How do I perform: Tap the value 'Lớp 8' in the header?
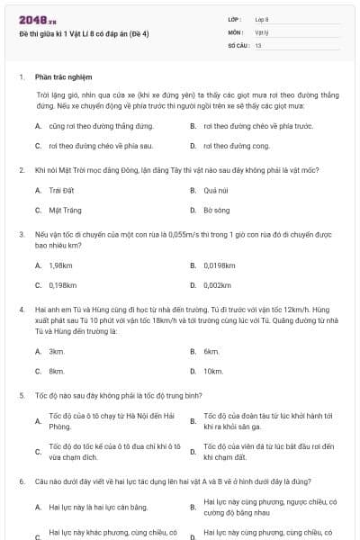262,18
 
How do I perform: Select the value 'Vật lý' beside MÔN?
262,31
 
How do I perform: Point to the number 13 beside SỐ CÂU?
258,44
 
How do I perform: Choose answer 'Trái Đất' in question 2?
59,190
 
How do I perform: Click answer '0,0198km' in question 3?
220,265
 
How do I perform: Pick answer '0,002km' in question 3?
218,285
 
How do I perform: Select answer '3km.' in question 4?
57,350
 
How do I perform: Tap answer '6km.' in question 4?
211,350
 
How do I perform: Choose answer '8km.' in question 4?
57,371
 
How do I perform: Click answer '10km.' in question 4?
213,371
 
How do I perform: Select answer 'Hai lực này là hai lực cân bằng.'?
98,507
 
